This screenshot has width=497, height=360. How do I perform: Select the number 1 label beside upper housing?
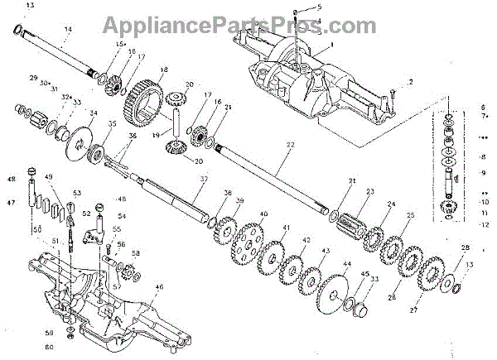point(331,42)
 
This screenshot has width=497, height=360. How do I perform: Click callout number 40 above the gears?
point(263,214)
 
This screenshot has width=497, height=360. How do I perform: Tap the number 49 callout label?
point(50,177)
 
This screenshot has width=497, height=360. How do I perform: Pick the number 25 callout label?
point(408,215)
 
